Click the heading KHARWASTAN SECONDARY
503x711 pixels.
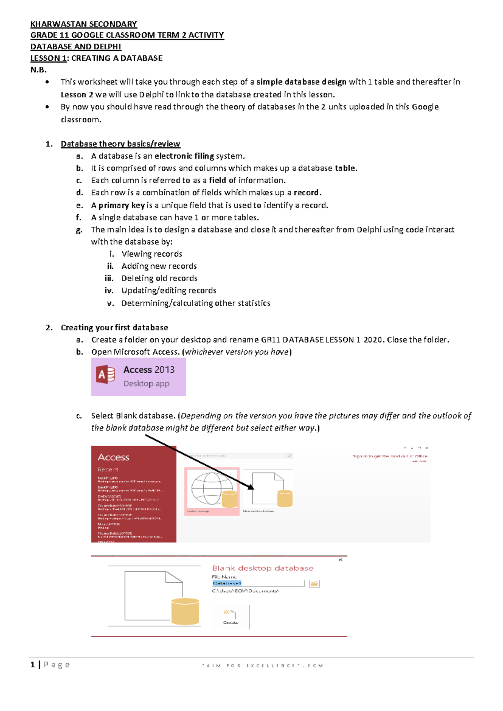click(83, 24)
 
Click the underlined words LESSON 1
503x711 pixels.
click(48, 58)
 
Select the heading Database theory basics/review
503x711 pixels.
click(120, 144)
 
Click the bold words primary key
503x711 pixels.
click(122, 205)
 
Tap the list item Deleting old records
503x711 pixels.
click(159, 278)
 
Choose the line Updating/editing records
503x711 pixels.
click(169, 291)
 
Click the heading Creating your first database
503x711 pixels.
click(114, 327)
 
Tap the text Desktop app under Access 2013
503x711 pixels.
click(146, 384)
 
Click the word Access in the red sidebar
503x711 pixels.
click(113, 457)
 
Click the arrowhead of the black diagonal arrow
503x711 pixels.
click(251, 488)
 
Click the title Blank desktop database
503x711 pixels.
click(262, 568)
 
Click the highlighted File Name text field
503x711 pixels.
click(258, 583)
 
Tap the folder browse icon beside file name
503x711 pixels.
click(314, 584)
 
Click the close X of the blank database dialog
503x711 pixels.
click(340, 560)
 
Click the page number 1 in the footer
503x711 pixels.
click(33, 664)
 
